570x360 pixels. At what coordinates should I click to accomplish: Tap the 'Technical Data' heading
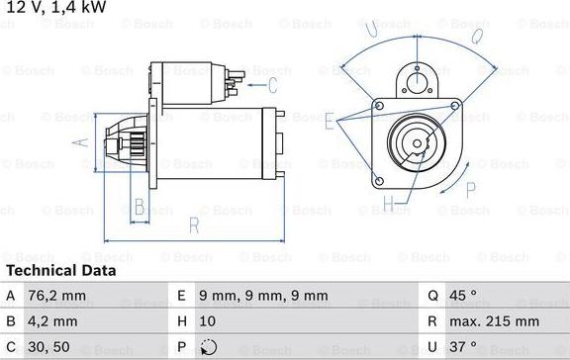60,270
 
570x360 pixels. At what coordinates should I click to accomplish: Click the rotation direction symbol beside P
207,347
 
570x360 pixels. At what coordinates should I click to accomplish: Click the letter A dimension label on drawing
82,142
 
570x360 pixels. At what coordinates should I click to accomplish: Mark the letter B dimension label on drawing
141,207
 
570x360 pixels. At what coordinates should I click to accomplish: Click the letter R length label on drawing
193,225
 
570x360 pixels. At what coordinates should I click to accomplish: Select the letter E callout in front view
330,121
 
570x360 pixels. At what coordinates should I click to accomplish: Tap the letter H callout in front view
389,206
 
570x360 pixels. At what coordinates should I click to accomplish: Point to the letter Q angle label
475,37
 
